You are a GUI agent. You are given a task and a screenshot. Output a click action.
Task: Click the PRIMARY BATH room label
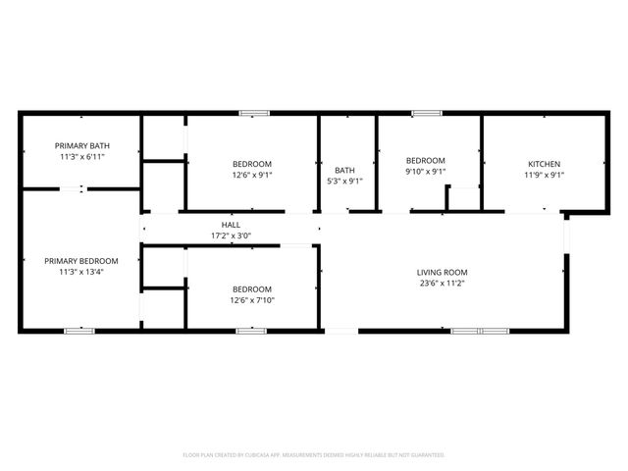(x=81, y=145)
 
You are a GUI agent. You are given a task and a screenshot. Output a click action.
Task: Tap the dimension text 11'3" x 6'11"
(x=81, y=156)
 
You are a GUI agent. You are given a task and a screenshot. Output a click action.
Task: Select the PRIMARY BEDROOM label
(x=81, y=261)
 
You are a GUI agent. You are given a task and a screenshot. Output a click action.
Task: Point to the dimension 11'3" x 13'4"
(x=81, y=272)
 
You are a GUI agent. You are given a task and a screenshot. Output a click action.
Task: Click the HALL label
(x=231, y=225)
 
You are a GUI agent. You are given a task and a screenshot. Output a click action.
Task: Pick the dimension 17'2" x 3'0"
(x=231, y=235)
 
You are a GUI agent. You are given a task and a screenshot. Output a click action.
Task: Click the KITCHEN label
(x=545, y=164)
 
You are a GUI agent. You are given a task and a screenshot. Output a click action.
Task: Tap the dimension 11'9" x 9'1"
(x=545, y=175)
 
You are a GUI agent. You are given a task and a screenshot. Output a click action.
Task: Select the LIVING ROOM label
(x=443, y=272)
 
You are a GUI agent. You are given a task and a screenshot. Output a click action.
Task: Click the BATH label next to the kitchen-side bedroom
(x=344, y=170)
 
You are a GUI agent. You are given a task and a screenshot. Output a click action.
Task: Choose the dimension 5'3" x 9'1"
(x=344, y=181)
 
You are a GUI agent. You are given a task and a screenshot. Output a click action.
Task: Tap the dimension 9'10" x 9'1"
(x=426, y=172)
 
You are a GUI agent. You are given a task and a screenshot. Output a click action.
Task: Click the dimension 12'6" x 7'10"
(x=252, y=299)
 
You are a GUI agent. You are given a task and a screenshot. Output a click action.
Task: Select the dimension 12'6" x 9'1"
(x=252, y=175)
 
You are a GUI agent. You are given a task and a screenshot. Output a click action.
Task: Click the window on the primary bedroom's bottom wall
(x=78, y=332)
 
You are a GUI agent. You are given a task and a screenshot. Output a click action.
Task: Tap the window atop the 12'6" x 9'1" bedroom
(x=254, y=114)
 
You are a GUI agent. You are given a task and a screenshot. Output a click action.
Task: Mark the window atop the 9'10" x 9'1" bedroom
(x=426, y=114)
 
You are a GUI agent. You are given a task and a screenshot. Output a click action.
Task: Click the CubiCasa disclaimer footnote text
(x=314, y=455)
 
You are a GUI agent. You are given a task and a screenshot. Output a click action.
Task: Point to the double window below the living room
(x=479, y=332)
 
